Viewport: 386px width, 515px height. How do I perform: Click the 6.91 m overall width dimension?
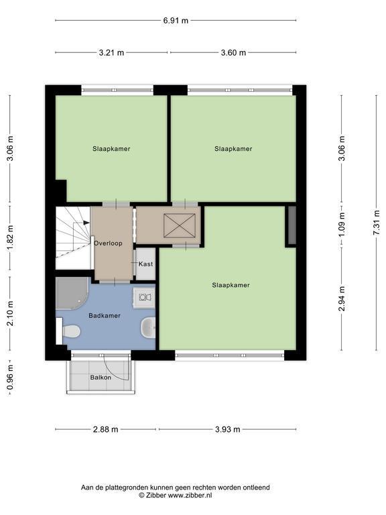click(x=176, y=20)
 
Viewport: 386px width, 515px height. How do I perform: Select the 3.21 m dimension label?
click(x=111, y=52)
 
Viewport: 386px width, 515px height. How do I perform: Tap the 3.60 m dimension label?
click(x=233, y=52)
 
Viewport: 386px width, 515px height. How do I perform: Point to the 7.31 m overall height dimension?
click(x=376, y=223)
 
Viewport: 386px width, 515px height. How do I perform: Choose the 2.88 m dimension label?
click(x=105, y=429)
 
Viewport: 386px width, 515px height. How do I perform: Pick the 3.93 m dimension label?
click(x=228, y=429)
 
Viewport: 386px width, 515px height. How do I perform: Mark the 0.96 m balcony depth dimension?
click(x=10, y=377)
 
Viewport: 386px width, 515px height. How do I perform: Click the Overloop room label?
click(x=108, y=243)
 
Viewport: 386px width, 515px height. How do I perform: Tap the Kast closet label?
click(x=145, y=264)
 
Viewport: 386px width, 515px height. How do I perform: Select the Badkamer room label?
click(x=105, y=316)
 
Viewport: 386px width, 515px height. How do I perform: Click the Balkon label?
click(x=101, y=378)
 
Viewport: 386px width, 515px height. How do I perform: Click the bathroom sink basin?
click(x=148, y=328)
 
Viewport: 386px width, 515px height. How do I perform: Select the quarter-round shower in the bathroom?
click(x=72, y=293)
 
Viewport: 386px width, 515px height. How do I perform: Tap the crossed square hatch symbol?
click(x=179, y=225)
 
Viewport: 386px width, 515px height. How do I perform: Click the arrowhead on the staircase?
click(x=86, y=223)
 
